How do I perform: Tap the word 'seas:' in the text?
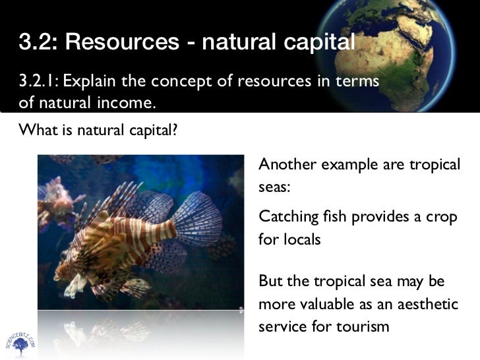point(274,187)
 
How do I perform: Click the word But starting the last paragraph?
point(271,281)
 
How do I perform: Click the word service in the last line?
point(284,326)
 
